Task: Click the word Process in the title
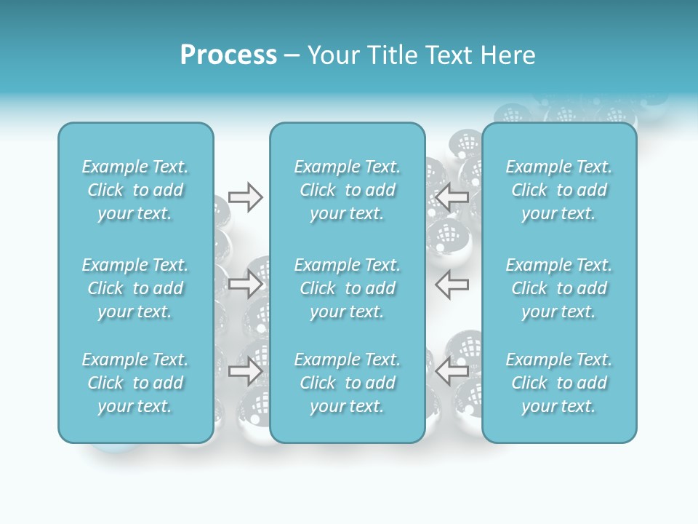click(x=228, y=55)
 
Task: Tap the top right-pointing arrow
click(x=246, y=197)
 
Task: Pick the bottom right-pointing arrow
click(x=246, y=371)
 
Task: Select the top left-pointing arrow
click(x=452, y=197)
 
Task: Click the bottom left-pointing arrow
click(x=452, y=371)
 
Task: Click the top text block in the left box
click(x=135, y=190)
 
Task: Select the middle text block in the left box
click(x=135, y=288)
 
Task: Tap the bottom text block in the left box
click(x=135, y=383)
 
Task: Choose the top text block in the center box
click(x=347, y=190)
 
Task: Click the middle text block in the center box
click(x=347, y=288)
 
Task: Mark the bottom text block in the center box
click(x=347, y=383)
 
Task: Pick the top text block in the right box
click(x=558, y=190)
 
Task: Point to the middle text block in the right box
click(x=558, y=288)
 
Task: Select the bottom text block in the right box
click(x=558, y=383)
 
